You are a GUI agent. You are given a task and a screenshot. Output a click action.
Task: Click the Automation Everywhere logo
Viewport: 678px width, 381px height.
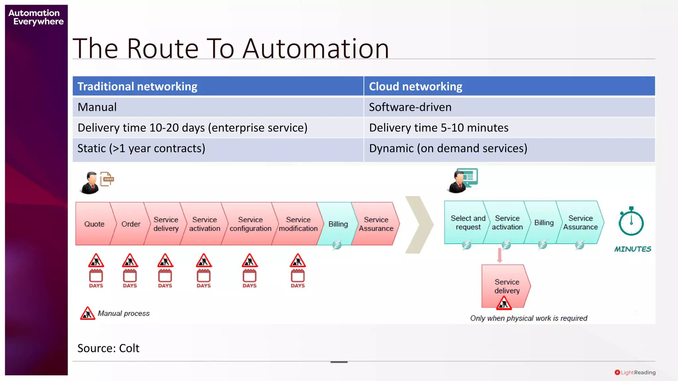tap(36, 17)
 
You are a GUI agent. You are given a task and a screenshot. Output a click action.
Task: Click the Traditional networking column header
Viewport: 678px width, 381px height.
tap(137, 86)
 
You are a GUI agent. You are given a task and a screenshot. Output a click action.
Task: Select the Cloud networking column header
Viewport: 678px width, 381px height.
tap(415, 86)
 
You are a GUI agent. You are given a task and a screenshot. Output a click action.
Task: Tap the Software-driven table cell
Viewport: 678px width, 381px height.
tap(410, 107)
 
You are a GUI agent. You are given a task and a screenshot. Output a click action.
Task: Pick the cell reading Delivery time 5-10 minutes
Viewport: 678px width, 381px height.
tap(439, 128)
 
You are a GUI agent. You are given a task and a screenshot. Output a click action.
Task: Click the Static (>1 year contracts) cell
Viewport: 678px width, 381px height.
tap(141, 148)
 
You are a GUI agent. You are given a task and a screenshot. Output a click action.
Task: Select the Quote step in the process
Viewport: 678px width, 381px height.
tap(94, 224)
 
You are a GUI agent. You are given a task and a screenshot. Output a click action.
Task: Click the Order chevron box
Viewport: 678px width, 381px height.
tap(130, 224)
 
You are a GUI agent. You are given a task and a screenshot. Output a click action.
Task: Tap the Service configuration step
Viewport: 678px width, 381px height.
tap(250, 224)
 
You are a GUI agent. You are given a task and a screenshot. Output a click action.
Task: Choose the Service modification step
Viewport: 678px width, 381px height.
tap(298, 224)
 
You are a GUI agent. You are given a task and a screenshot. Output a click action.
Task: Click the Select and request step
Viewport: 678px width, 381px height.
tap(467, 223)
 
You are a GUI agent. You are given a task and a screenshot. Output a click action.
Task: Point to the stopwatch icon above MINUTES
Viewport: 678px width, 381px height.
tap(631, 222)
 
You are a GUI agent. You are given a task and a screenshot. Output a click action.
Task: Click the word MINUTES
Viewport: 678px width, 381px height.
tap(633, 249)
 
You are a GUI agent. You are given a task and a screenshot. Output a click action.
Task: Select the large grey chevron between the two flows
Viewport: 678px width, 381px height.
tap(419, 225)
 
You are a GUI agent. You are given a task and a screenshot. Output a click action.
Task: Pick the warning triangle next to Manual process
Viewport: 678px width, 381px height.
tap(87, 313)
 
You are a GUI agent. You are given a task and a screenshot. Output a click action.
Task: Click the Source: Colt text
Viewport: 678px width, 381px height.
tap(108, 348)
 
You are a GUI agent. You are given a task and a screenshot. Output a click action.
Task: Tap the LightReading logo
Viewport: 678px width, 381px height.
tap(635, 372)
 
